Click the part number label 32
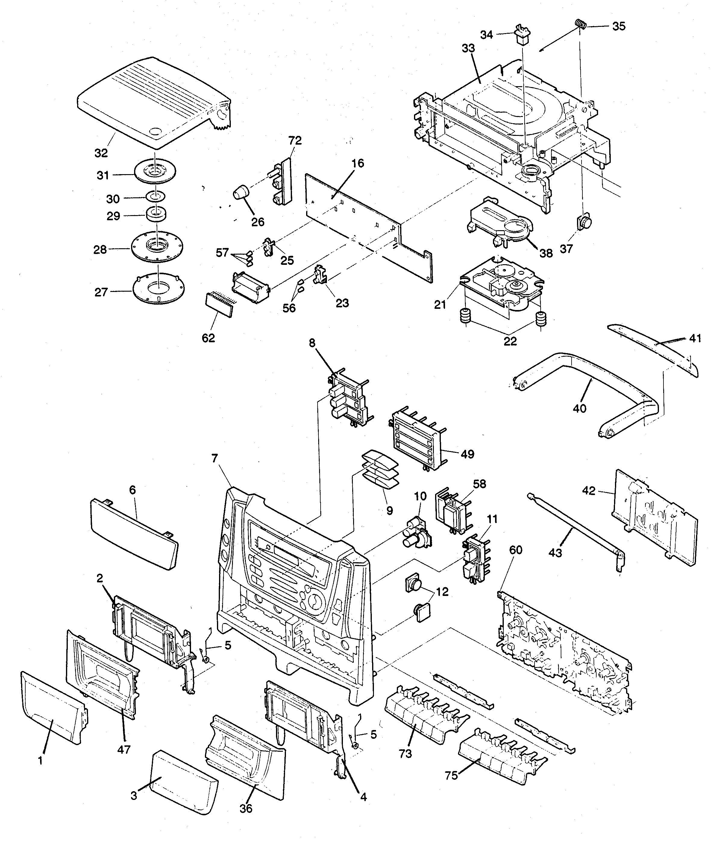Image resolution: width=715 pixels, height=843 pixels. tap(101, 153)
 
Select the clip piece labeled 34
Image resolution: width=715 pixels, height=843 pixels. tap(521, 36)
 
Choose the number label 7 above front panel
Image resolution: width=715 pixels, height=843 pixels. tap(215, 458)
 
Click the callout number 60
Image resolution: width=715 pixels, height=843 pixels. tap(516, 550)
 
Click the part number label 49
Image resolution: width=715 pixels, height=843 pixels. tap(467, 454)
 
